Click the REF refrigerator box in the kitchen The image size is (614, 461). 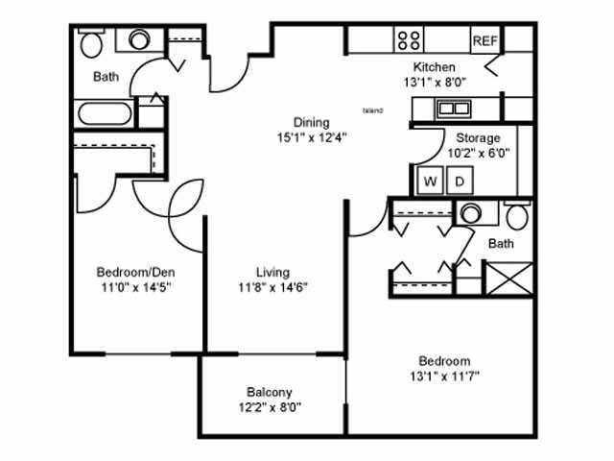click(485, 40)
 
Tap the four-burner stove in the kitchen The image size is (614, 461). click(409, 40)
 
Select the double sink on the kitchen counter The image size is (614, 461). click(454, 109)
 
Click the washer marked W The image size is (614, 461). click(430, 181)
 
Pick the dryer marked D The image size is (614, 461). click(460, 181)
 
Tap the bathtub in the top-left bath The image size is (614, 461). click(105, 113)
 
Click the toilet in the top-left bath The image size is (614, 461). click(91, 42)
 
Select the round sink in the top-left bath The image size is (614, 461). click(139, 39)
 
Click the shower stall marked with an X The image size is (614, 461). click(509, 279)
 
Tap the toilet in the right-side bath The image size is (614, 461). click(517, 215)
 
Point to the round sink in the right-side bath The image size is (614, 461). click(471, 213)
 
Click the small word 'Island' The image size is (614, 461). click(373, 110)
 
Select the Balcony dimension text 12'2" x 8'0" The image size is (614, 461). click(270, 407)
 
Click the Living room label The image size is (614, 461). click(272, 272)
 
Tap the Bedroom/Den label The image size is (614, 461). click(135, 272)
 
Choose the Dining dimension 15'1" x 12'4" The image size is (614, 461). click(312, 137)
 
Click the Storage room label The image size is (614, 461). click(478, 138)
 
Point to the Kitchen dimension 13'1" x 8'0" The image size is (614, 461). click(435, 83)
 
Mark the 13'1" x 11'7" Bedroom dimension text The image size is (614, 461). click(444, 376)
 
